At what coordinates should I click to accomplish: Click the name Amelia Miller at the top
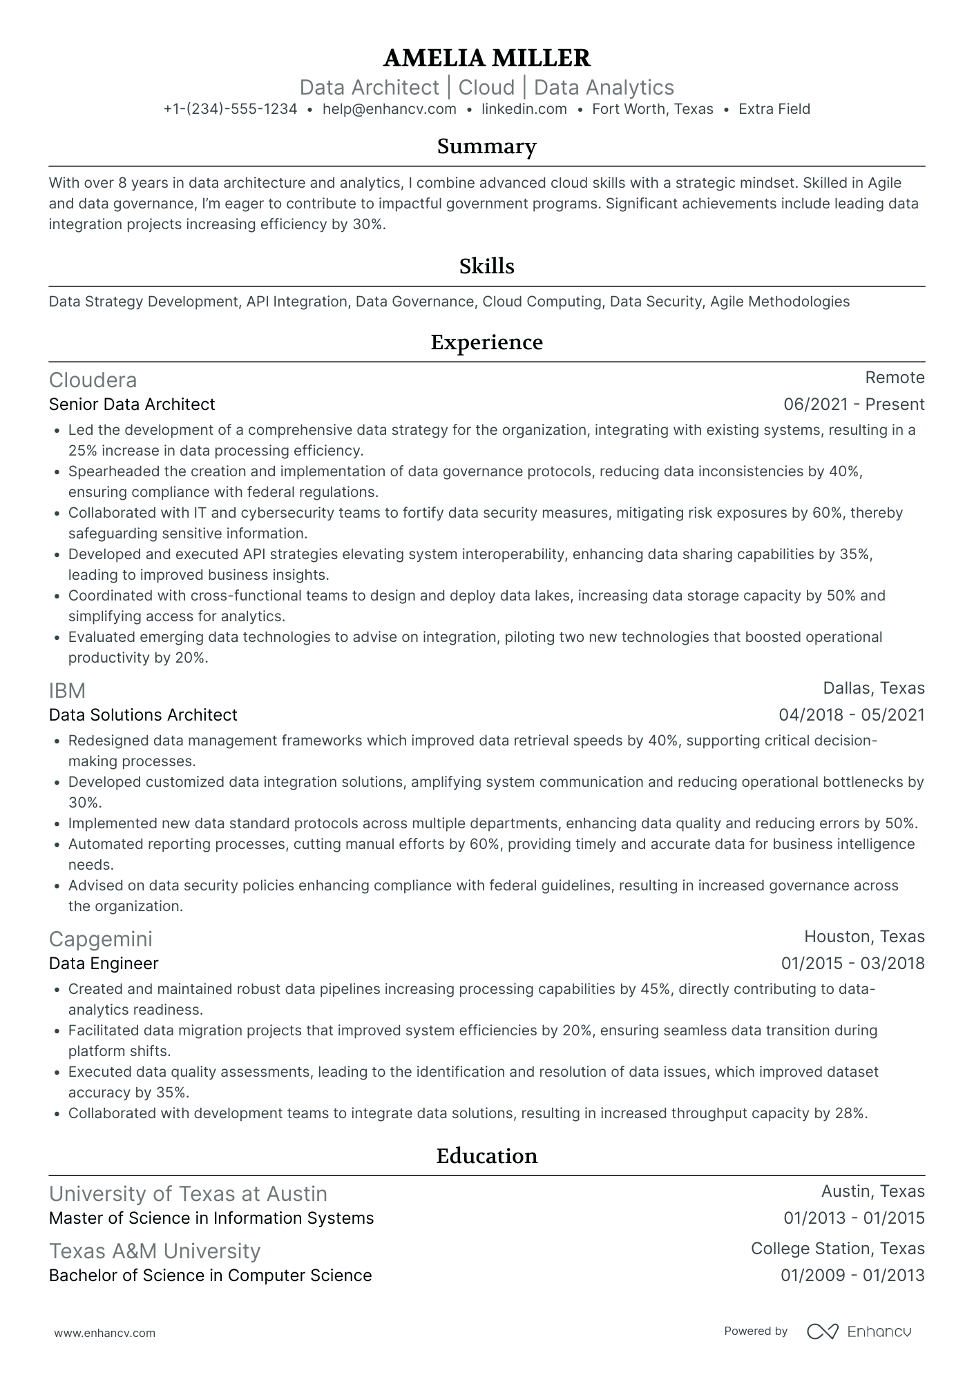(x=486, y=58)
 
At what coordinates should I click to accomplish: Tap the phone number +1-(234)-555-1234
(x=230, y=109)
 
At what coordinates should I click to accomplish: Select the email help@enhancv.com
(x=389, y=109)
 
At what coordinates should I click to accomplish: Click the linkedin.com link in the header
(x=524, y=109)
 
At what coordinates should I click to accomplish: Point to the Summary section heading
(x=486, y=146)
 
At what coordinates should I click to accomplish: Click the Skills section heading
(x=486, y=266)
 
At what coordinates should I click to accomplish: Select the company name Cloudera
(x=93, y=380)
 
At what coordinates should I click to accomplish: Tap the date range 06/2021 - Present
(x=853, y=404)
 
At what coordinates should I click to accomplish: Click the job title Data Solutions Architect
(x=143, y=715)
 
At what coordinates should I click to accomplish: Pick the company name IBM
(x=67, y=691)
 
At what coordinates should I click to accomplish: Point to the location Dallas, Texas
(x=873, y=688)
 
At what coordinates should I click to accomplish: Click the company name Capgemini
(x=100, y=939)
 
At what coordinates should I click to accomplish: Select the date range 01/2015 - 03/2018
(x=852, y=964)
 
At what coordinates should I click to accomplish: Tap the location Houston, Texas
(x=863, y=937)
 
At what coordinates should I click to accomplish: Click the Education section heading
(x=486, y=1156)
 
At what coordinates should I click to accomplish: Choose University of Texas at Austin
(x=188, y=1194)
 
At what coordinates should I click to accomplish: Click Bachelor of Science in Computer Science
(x=210, y=1276)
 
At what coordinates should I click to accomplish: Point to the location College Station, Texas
(x=837, y=1249)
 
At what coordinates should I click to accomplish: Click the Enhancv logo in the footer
(x=859, y=1331)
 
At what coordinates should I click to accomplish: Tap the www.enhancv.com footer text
(x=104, y=1334)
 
